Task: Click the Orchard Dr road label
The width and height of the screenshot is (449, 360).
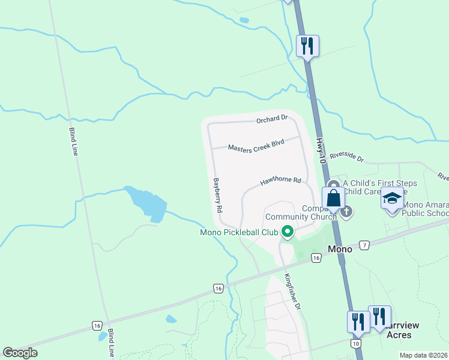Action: [272, 119]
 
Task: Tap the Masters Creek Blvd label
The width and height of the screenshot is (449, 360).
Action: [256, 145]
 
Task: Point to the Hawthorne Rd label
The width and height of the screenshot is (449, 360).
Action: [280, 180]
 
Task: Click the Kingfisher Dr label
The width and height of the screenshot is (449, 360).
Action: [292, 292]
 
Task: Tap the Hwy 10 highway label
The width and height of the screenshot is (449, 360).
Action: [321, 150]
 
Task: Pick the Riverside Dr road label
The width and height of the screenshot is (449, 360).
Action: [347, 157]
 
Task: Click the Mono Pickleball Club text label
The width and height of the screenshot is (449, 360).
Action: [239, 232]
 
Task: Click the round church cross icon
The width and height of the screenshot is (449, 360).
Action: [346, 211]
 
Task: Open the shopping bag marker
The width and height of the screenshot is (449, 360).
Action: [333, 198]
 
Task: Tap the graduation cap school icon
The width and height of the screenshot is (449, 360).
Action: [392, 199]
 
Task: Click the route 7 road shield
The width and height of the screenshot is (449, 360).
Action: [364, 245]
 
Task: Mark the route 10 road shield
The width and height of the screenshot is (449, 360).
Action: [356, 343]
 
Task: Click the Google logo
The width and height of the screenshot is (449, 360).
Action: [20, 353]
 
